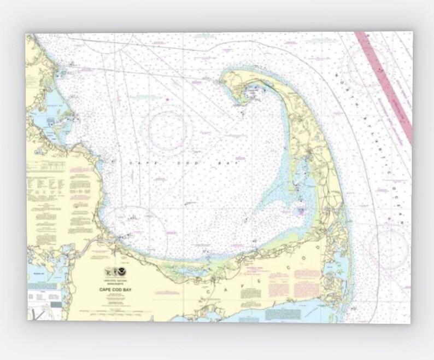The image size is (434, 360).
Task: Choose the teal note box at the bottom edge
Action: pos(283,314)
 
